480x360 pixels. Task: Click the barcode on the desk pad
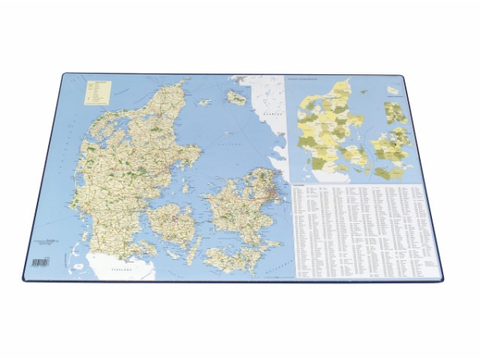click(x=40, y=262)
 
